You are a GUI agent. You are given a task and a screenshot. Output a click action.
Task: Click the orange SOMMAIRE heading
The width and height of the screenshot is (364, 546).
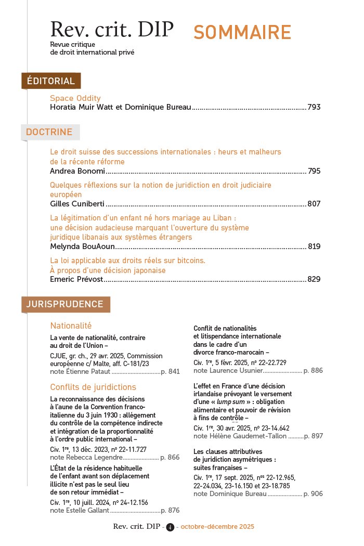click(242, 32)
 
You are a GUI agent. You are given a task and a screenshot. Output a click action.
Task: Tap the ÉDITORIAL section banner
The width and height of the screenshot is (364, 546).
click(51, 81)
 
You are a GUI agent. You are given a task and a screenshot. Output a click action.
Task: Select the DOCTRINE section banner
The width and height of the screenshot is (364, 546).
click(49, 132)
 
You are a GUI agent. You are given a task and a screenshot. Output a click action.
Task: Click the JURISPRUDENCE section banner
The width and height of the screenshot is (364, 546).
click(65, 304)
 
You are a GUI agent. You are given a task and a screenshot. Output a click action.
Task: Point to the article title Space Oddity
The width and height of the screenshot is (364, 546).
click(75, 98)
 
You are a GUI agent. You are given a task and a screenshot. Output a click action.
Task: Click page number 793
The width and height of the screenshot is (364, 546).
click(314, 108)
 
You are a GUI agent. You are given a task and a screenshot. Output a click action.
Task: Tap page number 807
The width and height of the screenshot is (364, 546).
click(314, 204)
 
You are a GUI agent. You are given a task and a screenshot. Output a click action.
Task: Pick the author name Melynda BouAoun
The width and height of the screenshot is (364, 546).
click(81, 246)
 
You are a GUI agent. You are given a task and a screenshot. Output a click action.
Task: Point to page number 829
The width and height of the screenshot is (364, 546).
click(314, 279)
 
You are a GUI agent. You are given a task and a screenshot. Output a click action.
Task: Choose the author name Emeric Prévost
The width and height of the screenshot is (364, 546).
click(76, 279)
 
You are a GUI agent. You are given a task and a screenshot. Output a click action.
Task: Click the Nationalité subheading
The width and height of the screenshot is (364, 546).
click(71, 326)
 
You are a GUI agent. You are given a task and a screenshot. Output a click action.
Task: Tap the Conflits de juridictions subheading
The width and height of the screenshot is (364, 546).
click(93, 387)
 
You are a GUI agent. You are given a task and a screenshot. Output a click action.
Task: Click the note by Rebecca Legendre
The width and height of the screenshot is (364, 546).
click(86, 458)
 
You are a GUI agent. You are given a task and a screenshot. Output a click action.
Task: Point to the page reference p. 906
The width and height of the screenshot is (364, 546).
click(313, 493)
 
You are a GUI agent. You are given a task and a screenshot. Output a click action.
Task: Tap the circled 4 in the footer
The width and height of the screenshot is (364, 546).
click(170, 527)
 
